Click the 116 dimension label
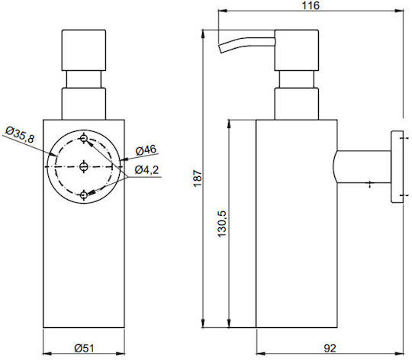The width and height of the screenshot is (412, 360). tap(311, 5)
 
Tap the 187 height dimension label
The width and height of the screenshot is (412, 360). tap(198, 178)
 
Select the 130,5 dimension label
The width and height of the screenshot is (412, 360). tap(222, 223)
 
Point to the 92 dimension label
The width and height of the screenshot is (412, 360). tap(330, 349)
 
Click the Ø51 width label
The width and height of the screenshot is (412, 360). tap(84, 349)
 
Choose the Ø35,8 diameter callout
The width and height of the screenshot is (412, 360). tap(20, 135)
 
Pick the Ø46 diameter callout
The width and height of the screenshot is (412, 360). tap(146, 150)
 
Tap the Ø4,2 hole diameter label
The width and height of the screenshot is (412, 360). tap(146, 170)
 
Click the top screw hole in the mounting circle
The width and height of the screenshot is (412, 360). tap(84, 138)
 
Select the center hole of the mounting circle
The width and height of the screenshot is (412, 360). tap(84, 166)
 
